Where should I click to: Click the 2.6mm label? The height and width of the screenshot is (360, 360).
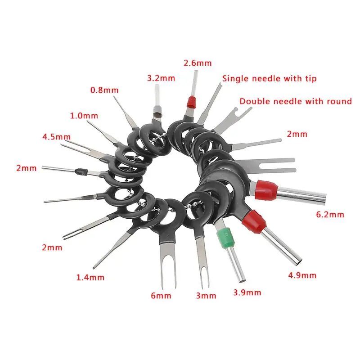click(x=197, y=63)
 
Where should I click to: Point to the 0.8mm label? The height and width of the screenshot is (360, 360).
click(x=104, y=90)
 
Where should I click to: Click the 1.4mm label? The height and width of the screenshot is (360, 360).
click(x=90, y=277)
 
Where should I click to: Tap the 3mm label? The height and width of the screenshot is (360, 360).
click(x=206, y=296)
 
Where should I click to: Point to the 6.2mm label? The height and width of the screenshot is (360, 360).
click(x=330, y=215)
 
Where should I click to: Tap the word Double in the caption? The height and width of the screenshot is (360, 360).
click(x=252, y=101)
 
